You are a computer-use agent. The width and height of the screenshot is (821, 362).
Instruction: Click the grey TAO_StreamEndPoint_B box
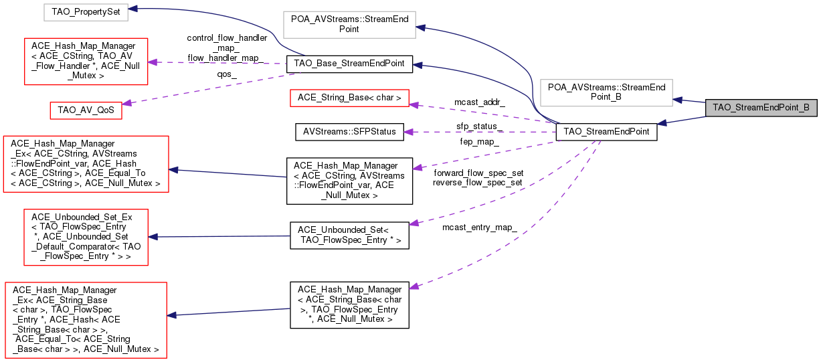(761, 107)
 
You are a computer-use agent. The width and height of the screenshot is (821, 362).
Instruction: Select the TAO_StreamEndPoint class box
(606, 132)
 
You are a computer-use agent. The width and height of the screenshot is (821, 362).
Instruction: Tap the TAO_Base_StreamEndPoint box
(348, 64)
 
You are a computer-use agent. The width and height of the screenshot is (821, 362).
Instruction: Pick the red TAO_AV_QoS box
(86, 111)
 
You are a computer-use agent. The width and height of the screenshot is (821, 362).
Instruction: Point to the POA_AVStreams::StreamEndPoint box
(349, 23)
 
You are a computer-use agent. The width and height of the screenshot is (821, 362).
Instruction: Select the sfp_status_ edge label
(479, 126)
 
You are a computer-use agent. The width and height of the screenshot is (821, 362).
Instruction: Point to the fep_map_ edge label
(479, 142)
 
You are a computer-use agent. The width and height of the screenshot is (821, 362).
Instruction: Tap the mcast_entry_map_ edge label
(479, 228)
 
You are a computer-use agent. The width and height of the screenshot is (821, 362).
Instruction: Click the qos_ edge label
(227, 75)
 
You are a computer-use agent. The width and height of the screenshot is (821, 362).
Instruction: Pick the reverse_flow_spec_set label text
(478, 182)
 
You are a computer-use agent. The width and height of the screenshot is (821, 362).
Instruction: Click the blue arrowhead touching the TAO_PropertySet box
(133, 9)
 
